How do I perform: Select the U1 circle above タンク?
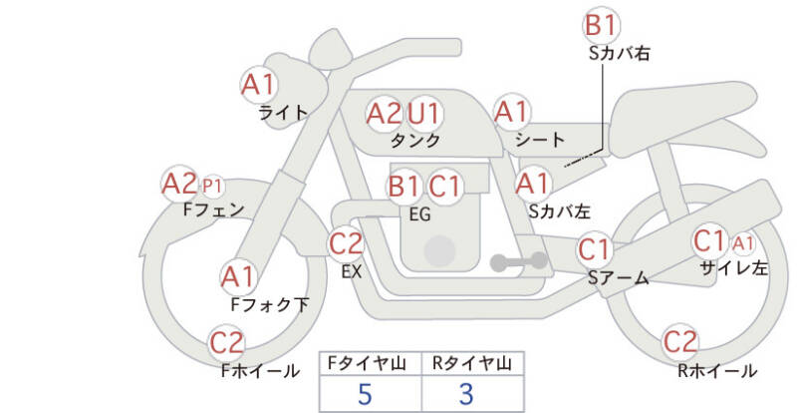[425, 113]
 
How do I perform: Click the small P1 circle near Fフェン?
[212, 186]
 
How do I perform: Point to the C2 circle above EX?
[347, 242]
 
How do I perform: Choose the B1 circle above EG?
[404, 186]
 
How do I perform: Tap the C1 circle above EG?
[445, 186]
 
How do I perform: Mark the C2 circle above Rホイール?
[679, 342]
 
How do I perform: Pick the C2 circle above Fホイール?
[227, 344]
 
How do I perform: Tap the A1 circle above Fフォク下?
[237, 276]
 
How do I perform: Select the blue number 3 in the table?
[466, 393]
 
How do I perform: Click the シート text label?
[540, 140]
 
